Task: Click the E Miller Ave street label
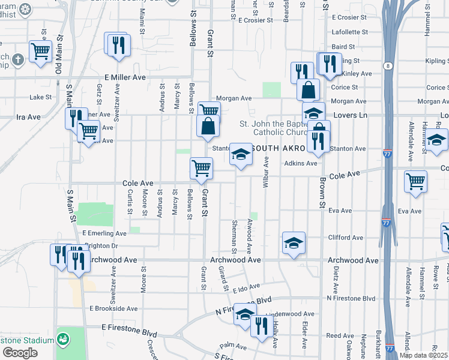[125, 77]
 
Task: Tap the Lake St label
[41, 97]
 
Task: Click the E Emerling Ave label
[104, 233]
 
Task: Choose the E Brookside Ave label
[113, 308]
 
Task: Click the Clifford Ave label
[346, 238]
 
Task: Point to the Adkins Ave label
[300, 163]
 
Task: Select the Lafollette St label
[349, 32]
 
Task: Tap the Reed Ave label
[340, 336]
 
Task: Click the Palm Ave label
[234, 346]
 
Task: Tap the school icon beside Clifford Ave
[294, 242]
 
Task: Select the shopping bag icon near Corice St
[308, 90]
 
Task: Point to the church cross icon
[18, 59]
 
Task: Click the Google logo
[20, 353]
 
